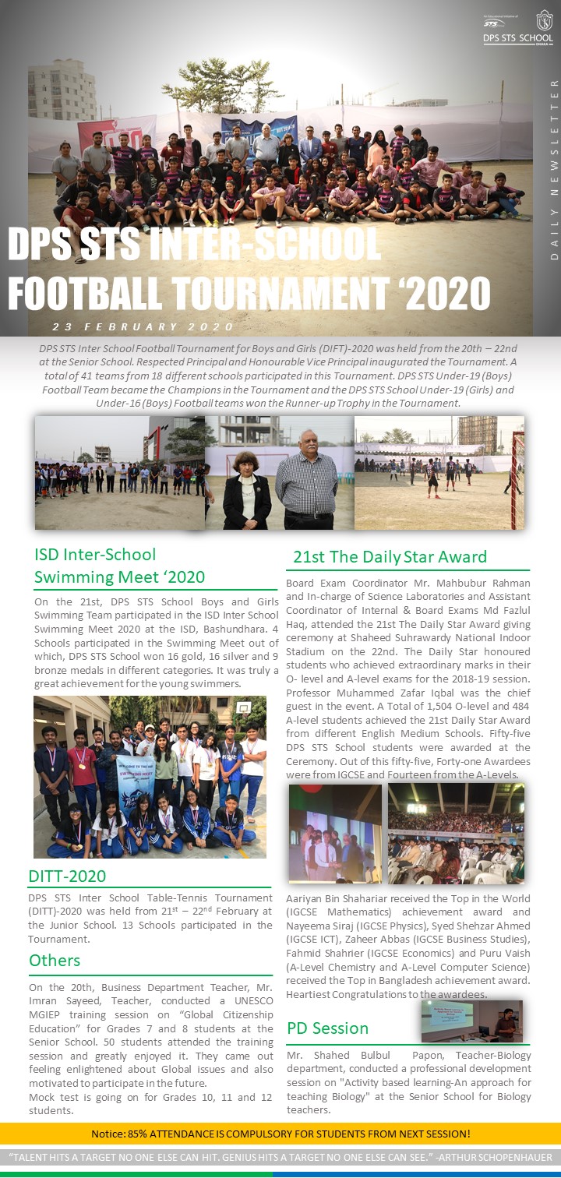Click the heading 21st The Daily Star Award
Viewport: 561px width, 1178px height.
pyautogui.click(x=390, y=556)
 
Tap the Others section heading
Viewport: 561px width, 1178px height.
pyautogui.click(x=55, y=960)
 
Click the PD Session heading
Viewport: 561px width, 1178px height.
pyautogui.click(x=327, y=1028)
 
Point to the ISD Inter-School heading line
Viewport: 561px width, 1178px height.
pyautogui.click(x=95, y=555)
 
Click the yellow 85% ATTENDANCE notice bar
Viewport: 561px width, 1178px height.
pyautogui.click(x=280, y=1133)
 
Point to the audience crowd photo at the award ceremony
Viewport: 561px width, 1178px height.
pyautogui.click(x=456, y=834)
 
